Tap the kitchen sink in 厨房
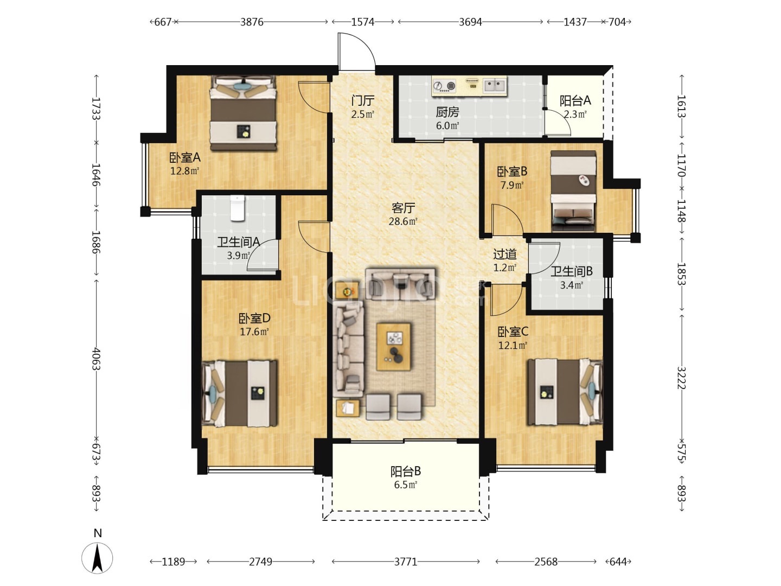(x=494, y=85)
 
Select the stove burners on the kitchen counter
(x=444, y=86)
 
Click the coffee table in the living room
(x=394, y=347)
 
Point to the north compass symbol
(x=97, y=558)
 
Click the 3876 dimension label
(x=252, y=22)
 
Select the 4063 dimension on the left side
(x=96, y=359)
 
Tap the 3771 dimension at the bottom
(x=406, y=562)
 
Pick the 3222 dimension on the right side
(x=681, y=378)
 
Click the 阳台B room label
(x=406, y=472)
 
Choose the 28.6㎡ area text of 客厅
(x=403, y=221)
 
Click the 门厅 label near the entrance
(x=363, y=101)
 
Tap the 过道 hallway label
(x=505, y=254)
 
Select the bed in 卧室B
(x=573, y=192)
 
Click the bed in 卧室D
(x=240, y=393)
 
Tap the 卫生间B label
(x=572, y=271)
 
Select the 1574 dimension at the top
(x=363, y=22)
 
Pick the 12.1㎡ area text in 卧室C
(x=513, y=346)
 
